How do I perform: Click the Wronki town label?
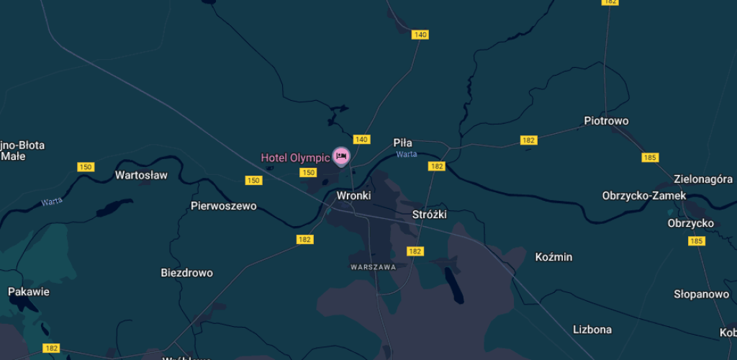[353, 195]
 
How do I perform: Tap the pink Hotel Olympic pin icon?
[341, 156]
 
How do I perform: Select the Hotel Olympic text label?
[295, 158]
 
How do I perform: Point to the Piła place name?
[403, 143]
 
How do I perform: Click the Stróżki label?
[430, 215]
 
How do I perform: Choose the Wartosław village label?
[141, 175]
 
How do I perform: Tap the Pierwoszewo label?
[223, 206]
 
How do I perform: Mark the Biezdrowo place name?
[186, 273]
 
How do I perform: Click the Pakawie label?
[29, 292]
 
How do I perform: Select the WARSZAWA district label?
[374, 266]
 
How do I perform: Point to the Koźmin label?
[554, 256]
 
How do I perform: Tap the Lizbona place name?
[592, 329]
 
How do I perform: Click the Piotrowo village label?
[606, 121]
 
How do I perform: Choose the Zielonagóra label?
[703, 179]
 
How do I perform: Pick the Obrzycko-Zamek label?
[644, 195]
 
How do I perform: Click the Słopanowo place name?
[701, 294]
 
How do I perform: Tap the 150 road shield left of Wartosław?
[86, 167]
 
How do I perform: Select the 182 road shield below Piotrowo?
[529, 140]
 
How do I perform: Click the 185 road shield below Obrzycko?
[696, 241]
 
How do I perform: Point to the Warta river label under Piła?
[406, 154]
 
